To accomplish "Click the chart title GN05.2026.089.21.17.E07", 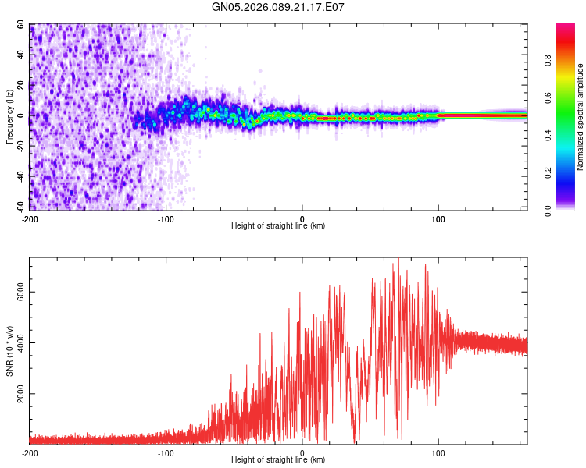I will pyautogui.click(x=278, y=7).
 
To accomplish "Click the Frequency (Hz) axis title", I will pyautogui.click(x=10, y=117).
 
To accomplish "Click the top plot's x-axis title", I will pyautogui.click(x=278, y=225).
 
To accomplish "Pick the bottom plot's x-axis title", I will pyautogui.click(x=278, y=459).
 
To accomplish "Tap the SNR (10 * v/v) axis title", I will pyautogui.click(x=10, y=351).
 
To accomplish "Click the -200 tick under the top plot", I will pyautogui.click(x=30, y=217).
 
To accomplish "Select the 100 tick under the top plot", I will pyautogui.click(x=439, y=217).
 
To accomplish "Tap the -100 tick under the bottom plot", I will pyautogui.click(x=166, y=452).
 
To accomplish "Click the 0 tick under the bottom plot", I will pyautogui.click(x=302, y=452).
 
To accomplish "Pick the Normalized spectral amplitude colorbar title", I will pyautogui.click(x=581, y=117).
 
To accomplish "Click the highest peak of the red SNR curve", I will pyautogui.click(x=398, y=260).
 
